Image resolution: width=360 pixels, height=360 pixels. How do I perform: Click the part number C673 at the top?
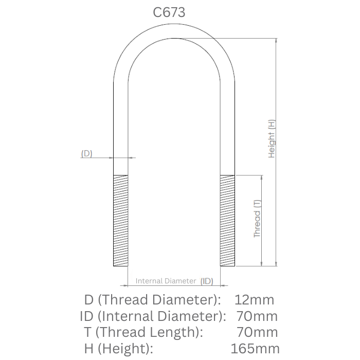point(169,13)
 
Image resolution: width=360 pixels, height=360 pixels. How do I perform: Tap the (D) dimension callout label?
point(86,153)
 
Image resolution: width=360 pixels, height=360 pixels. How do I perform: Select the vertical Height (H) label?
point(272,138)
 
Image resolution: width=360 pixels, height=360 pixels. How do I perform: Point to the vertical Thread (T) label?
point(257,219)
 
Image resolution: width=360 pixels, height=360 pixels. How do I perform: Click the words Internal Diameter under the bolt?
point(166,281)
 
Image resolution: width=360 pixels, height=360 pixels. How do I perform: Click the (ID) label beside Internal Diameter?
point(207,281)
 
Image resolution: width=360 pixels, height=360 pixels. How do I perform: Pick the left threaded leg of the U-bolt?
point(120,220)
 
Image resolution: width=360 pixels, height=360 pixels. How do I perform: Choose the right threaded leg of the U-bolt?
point(227,220)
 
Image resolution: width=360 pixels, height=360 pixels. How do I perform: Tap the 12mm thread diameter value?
point(254,299)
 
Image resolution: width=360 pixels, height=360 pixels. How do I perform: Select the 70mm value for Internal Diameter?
point(257,316)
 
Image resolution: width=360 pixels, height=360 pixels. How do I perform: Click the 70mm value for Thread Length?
point(257,332)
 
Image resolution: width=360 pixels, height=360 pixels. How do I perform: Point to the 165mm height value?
point(256,348)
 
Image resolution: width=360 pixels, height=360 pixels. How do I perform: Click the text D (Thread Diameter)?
point(152,299)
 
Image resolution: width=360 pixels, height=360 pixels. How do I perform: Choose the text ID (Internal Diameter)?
point(153,316)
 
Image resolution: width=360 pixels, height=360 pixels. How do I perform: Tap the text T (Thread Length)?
point(143,332)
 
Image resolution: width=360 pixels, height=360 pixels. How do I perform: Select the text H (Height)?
point(119,348)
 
